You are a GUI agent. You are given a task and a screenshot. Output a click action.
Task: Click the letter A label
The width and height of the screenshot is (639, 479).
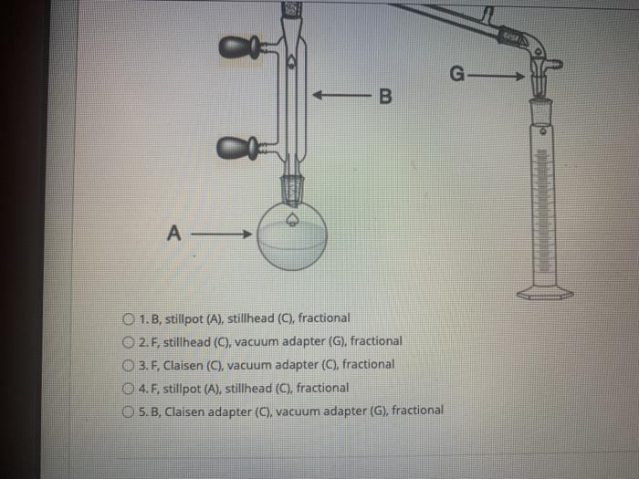pyautogui.click(x=173, y=234)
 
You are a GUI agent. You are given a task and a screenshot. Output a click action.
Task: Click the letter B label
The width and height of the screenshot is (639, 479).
pyautogui.click(x=383, y=96)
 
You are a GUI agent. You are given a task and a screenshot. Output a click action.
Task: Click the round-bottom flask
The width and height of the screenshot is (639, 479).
pyautogui.click(x=291, y=234)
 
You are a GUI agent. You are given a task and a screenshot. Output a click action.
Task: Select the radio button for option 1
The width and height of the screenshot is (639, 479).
pyautogui.click(x=128, y=319)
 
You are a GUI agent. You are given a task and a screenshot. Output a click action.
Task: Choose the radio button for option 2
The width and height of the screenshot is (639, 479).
pyautogui.click(x=128, y=342)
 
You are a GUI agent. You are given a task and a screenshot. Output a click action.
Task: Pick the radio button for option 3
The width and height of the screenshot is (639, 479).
pyautogui.click(x=128, y=365)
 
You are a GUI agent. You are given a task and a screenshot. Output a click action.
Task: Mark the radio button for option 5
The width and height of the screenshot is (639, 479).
pyautogui.click(x=128, y=411)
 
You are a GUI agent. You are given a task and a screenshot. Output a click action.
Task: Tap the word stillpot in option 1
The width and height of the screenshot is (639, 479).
pyautogui.click(x=180, y=318)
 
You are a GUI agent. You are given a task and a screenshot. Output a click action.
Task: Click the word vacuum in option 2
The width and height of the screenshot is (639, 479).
pyautogui.click(x=257, y=341)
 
